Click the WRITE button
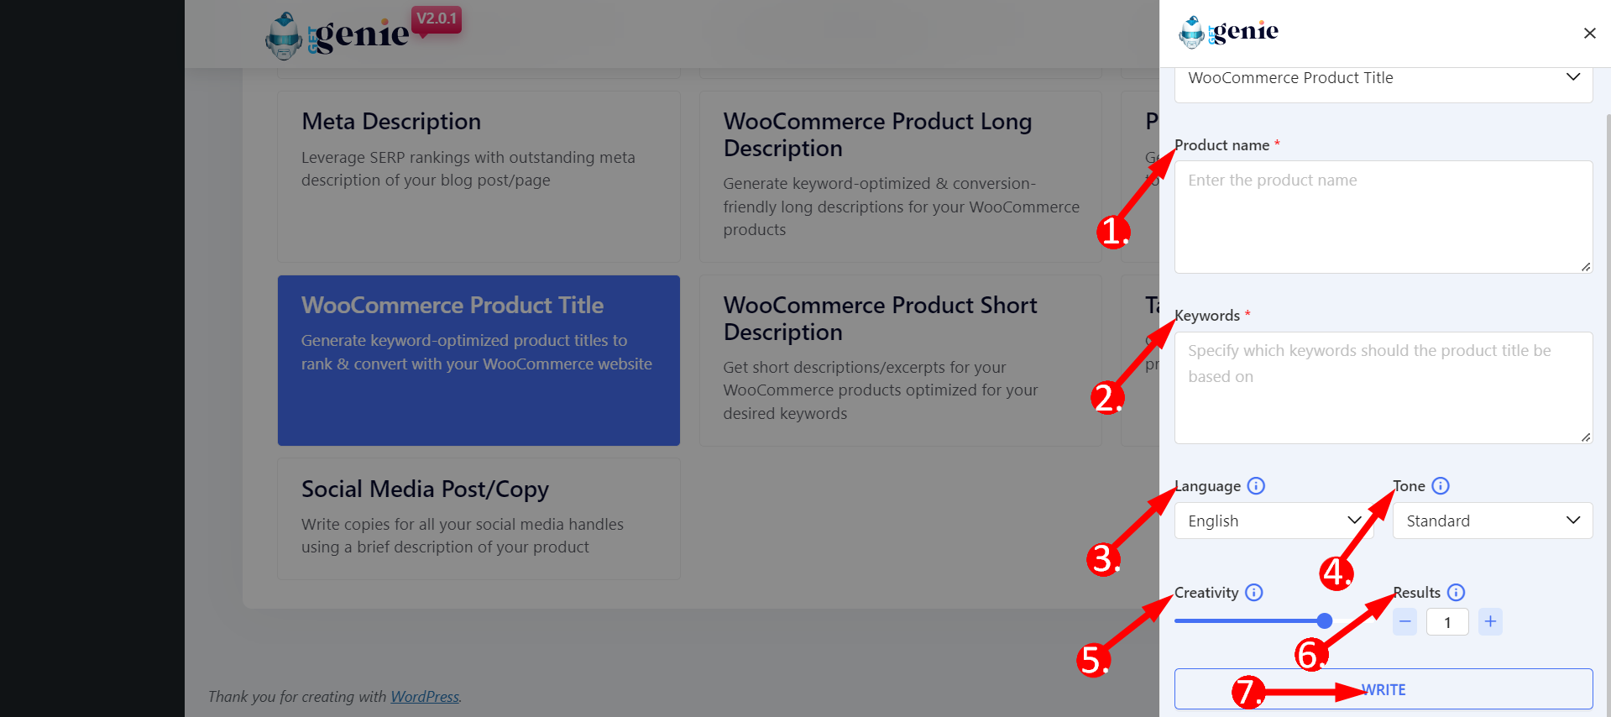coord(1383,688)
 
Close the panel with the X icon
coord(1589,33)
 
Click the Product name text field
coord(1383,217)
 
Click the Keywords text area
coord(1383,387)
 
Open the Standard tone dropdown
coord(1493,521)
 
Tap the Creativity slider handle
coord(1325,620)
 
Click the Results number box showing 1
coord(1447,622)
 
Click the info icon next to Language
coord(1256,485)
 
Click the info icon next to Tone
coord(1441,485)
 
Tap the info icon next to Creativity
coord(1254,592)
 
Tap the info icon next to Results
coord(1457,592)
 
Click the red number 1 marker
coord(1113,231)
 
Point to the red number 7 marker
coord(1248,692)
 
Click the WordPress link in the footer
coord(425,696)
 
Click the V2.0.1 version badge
coord(437,18)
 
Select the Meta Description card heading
coord(391,122)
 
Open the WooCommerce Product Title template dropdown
coord(1383,78)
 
